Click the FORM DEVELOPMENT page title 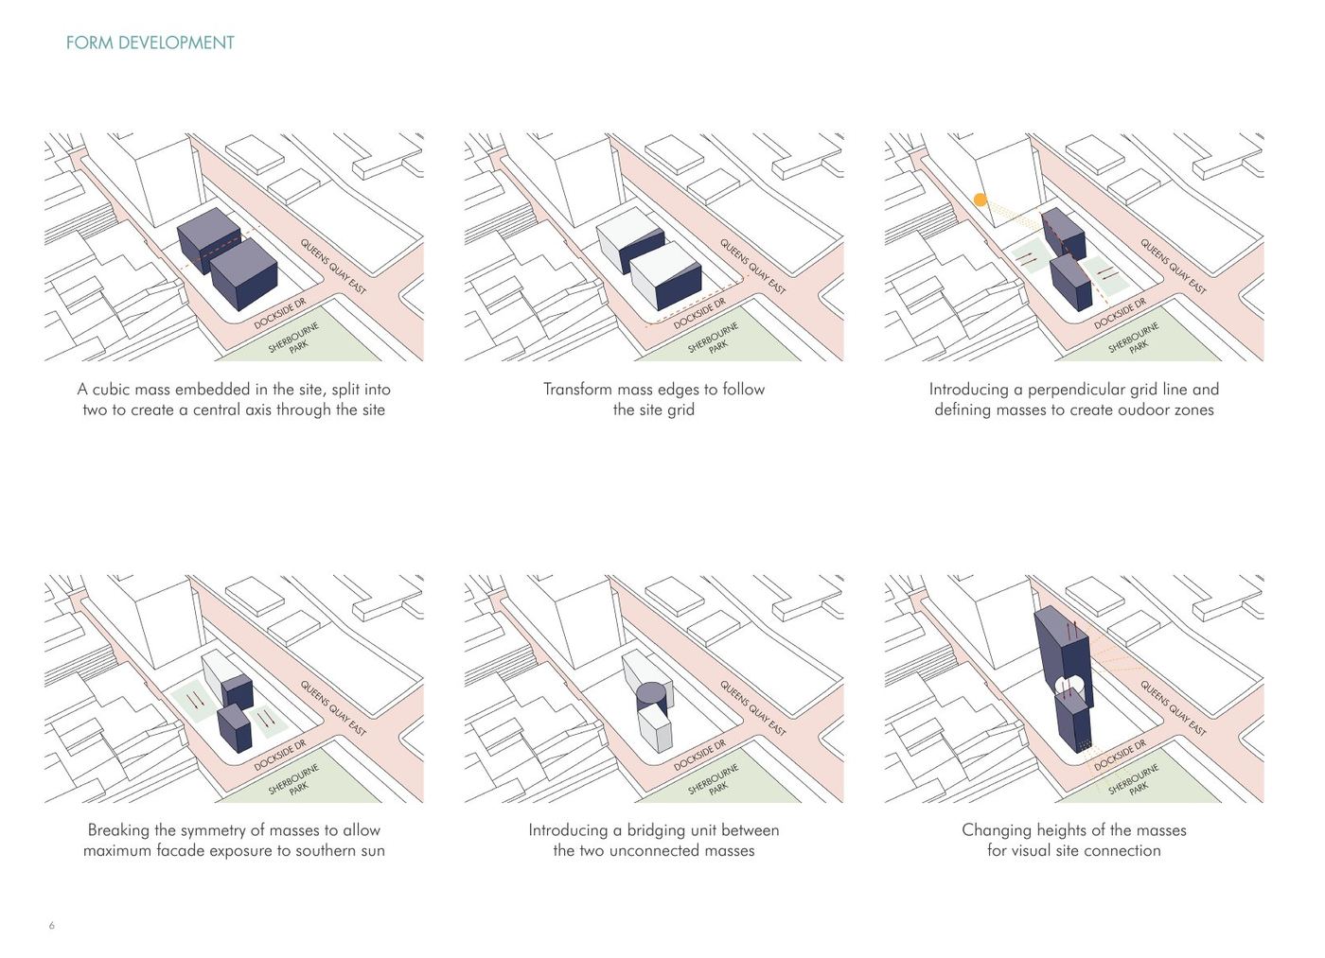pyautogui.click(x=150, y=43)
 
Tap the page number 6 pyautogui.click(x=52, y=925)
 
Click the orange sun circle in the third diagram pyautogui.click(x=980, y=200)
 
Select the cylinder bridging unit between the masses pyautogui.click(x=651, y=695)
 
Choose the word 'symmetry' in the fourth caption pyautogui.click(x=216, y=830)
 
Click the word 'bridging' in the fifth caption pyautogui.click(x=657, y=830)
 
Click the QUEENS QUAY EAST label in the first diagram pyautogui.click(x=332, y=266)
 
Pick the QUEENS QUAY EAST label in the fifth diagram pyautogui.click(x=752, y=707)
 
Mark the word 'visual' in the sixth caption pyautogui.click(x=1037, y=851)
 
